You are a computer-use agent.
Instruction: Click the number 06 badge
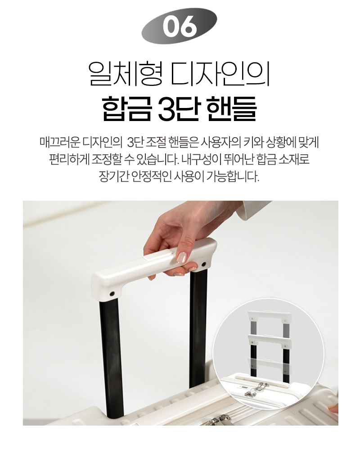pyautogui.click(x=180, y=25)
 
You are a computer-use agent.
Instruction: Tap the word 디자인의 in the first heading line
pyautogui.click(x=221, y=72)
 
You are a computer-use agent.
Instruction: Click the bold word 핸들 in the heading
pyautogui.click(x=231, y=108)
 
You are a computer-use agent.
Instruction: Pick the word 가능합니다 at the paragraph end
pyautogui.click(x=234, y=175)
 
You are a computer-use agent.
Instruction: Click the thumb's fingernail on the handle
pyautogui.click(x=182, y=257)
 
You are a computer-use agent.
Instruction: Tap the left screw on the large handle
pyautogui.click(x=111, y=294)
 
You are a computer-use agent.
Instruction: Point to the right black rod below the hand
pyautogui.click(x=198, y=328)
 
